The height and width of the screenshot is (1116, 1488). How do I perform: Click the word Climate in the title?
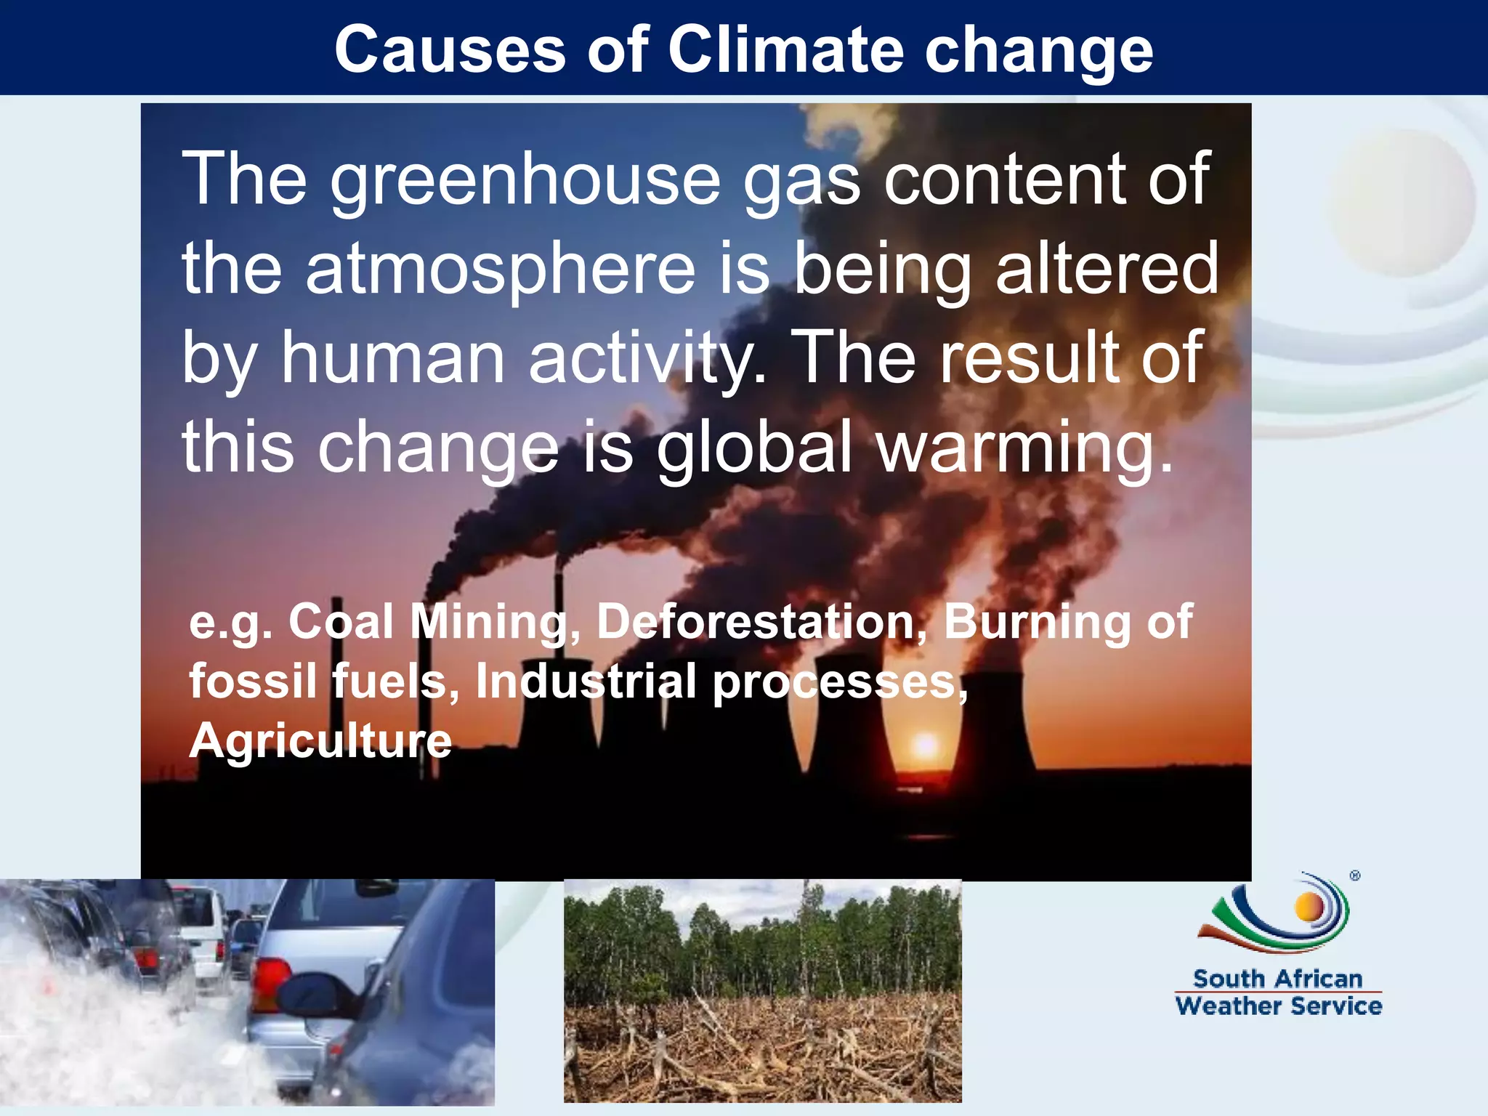pos(785,49)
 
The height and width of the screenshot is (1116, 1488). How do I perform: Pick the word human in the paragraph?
pos(393,357)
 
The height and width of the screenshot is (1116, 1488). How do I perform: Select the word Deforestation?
pos(756,622)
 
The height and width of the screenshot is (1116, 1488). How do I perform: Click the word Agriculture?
pos(320,741)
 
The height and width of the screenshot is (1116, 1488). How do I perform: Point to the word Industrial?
pos(586,682)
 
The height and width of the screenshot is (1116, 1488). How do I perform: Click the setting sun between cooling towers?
pos(925,745)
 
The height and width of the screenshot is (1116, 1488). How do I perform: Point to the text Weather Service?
pos(1278,1006)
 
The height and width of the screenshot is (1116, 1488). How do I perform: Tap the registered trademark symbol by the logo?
pos(1355,876)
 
